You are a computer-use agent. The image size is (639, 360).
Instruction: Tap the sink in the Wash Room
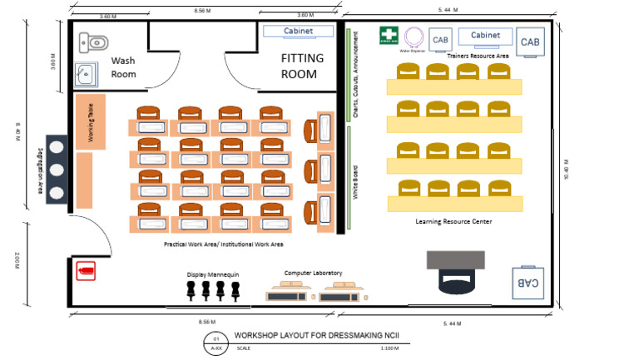(x=85, y=75)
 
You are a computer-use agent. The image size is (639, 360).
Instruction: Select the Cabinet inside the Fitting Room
(x=298, y=32)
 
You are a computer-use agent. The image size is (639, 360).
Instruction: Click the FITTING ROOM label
(x=299, y=66)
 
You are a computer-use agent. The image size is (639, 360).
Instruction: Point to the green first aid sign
(x=389, y=36)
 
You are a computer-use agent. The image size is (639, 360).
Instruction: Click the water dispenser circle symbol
(x=414, y=37)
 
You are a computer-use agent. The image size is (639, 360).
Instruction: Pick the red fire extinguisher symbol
(x=86, y=270)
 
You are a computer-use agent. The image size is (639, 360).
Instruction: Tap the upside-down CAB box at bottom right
(x=528, y=283)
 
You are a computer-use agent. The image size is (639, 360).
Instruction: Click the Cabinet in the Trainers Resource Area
(x=485, y=36)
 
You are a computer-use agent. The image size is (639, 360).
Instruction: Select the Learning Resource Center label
(x=453, y=221)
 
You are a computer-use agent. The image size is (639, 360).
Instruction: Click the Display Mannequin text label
(x=213, y=274)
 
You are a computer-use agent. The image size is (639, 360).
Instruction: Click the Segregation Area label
(x=41, y=169)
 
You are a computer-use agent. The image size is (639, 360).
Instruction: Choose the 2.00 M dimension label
(x=17, y=260)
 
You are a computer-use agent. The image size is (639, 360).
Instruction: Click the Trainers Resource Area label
(x=478, y=56)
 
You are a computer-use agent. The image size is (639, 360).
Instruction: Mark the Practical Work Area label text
(x=224, y=244)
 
